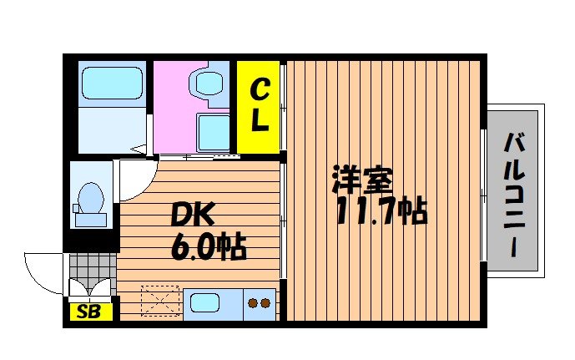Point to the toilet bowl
[88, 201]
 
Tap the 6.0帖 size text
[208, 247]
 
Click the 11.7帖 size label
[381, 212]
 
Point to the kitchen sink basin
[204, 302]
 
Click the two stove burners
[260, 303]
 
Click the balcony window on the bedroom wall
[484, 195]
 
